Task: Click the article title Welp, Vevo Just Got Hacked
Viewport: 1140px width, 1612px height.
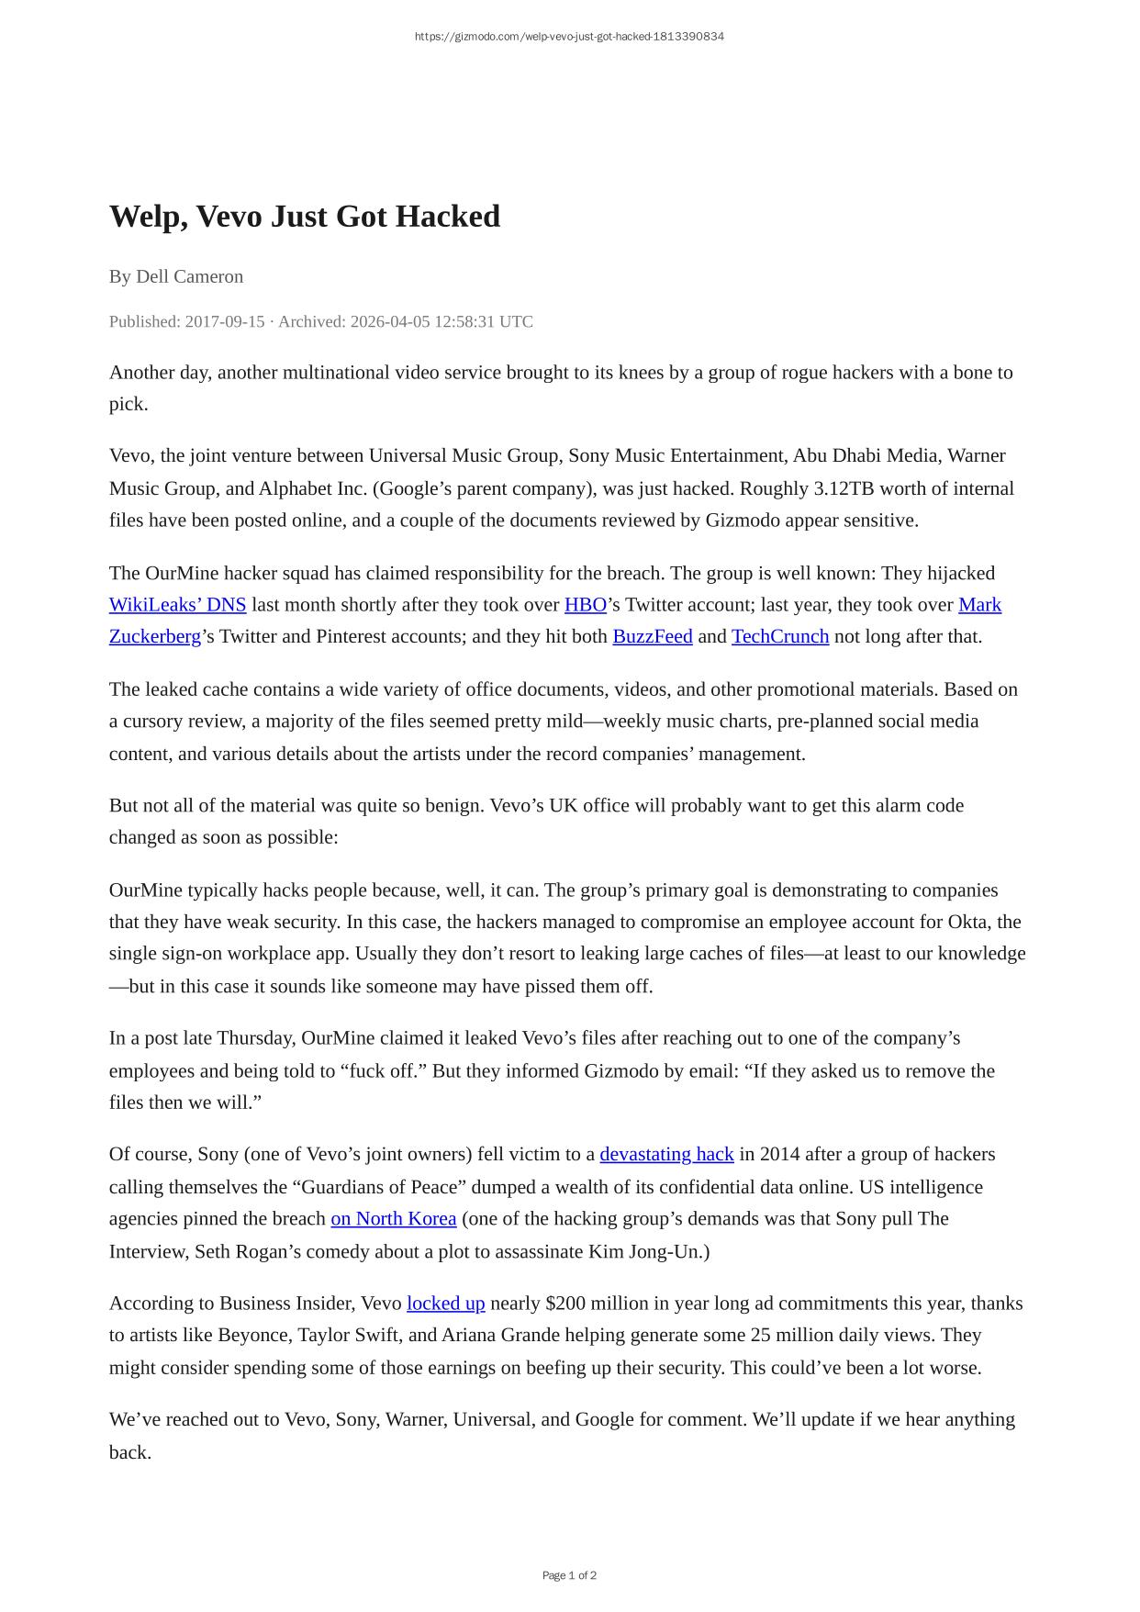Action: tap(304, 217)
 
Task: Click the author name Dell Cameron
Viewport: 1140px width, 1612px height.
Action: tap(189, 276)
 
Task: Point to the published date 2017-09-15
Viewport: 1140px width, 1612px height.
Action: tap(224, 321)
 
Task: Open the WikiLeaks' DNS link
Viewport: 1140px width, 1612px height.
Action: tap(177, 605)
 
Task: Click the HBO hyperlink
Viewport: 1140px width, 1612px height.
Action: tap(585, 605)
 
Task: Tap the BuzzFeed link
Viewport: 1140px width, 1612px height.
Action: tap(652, 636)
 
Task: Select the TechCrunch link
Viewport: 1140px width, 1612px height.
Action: tap(779, 636)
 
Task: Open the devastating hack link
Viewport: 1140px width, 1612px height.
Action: tap(666, 1154)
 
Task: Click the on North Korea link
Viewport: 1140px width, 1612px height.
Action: tap(393, 1218)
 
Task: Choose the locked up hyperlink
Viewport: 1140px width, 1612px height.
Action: tap(445, 1304)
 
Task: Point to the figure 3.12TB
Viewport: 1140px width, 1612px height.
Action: tap(844, 488)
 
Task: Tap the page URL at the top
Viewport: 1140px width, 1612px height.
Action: tap(569, 37)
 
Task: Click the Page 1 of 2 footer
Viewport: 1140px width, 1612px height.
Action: tap(569, 1575)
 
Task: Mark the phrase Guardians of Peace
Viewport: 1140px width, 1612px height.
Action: tap(377, 1187)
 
